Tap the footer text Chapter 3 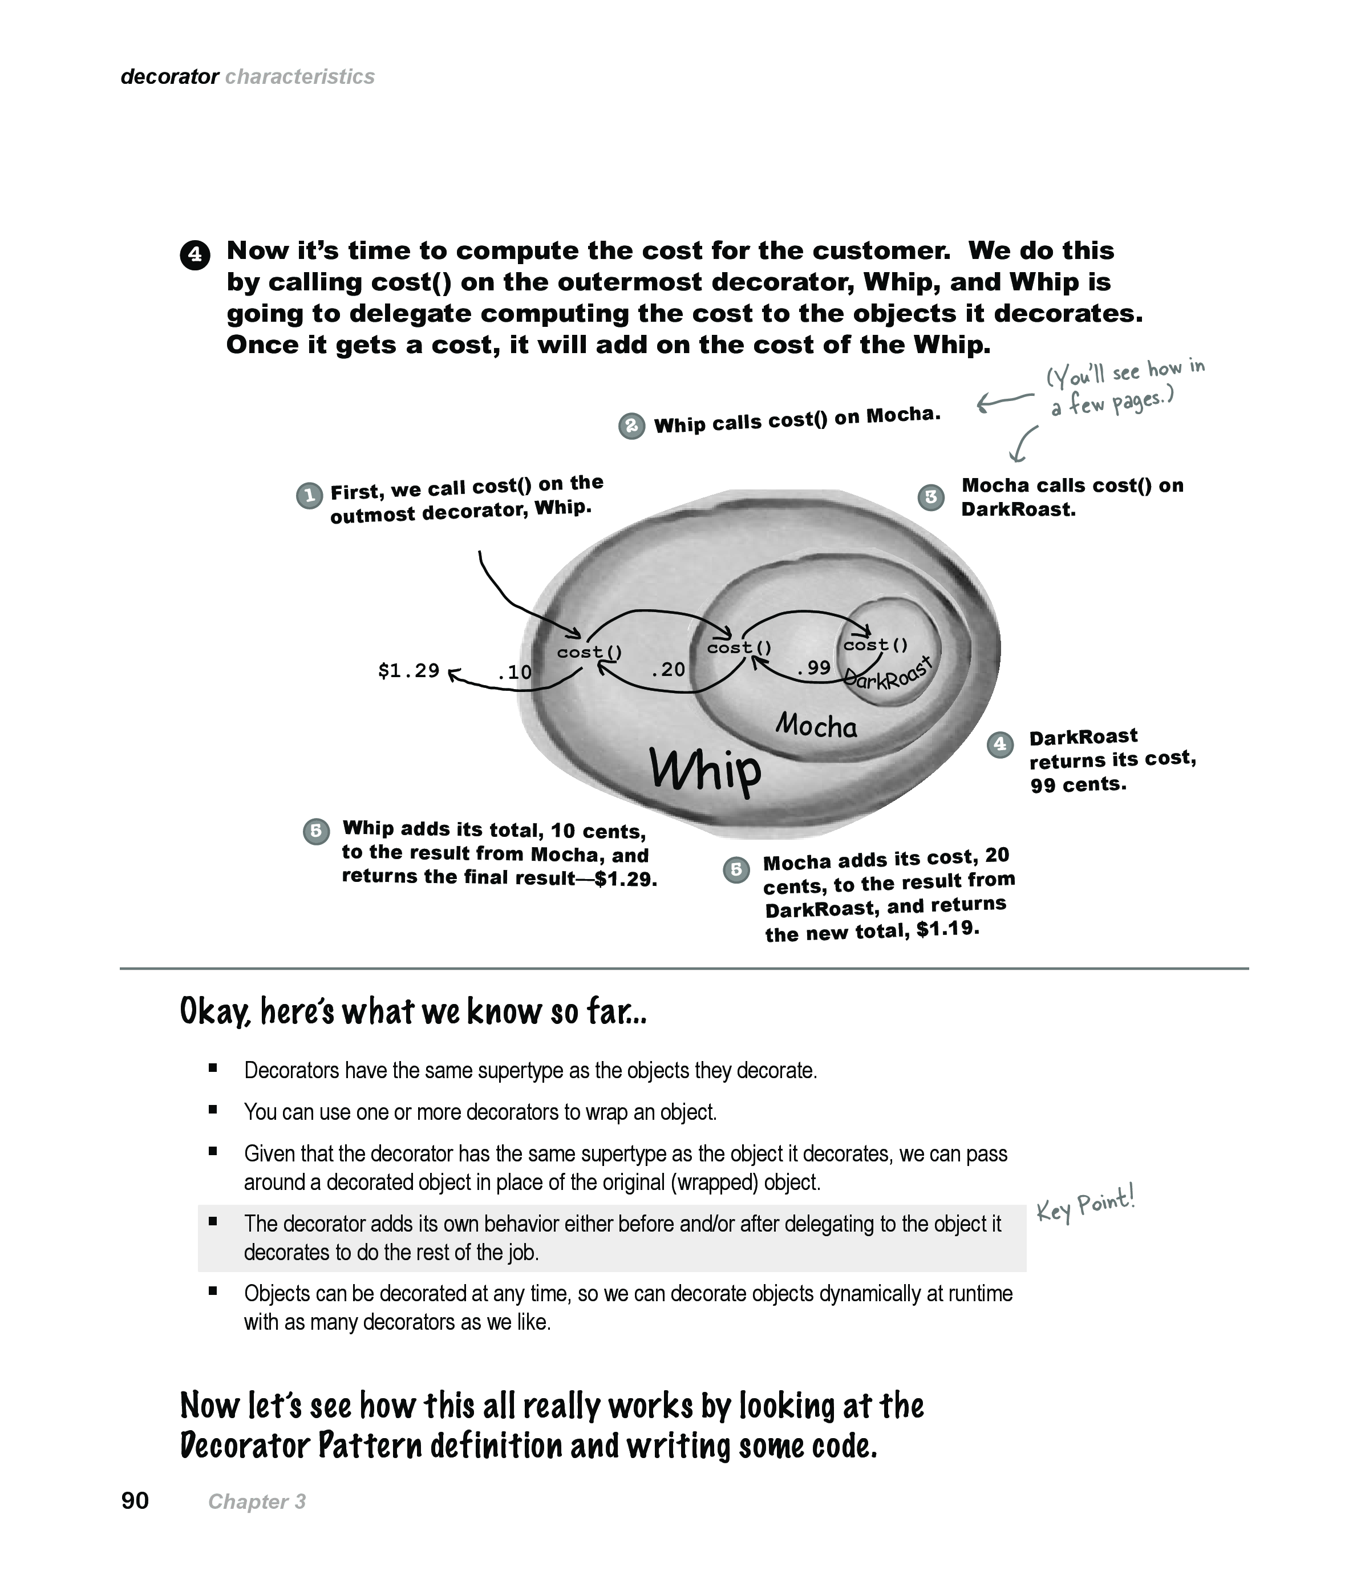point(257,1502)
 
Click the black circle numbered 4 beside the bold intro point(195,254)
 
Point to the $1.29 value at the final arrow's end point(409,671)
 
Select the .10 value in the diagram point(514,673)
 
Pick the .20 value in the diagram point(668,670)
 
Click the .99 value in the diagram point(813,668)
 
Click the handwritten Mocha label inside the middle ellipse point(816,724)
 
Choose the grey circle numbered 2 point(631,426)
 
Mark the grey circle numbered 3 point(930,497)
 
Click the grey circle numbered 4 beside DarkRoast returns point(1000,744)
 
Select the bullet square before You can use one point(213,1110)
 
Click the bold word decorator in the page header point(169,77)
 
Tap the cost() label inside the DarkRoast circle point(876,645)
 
